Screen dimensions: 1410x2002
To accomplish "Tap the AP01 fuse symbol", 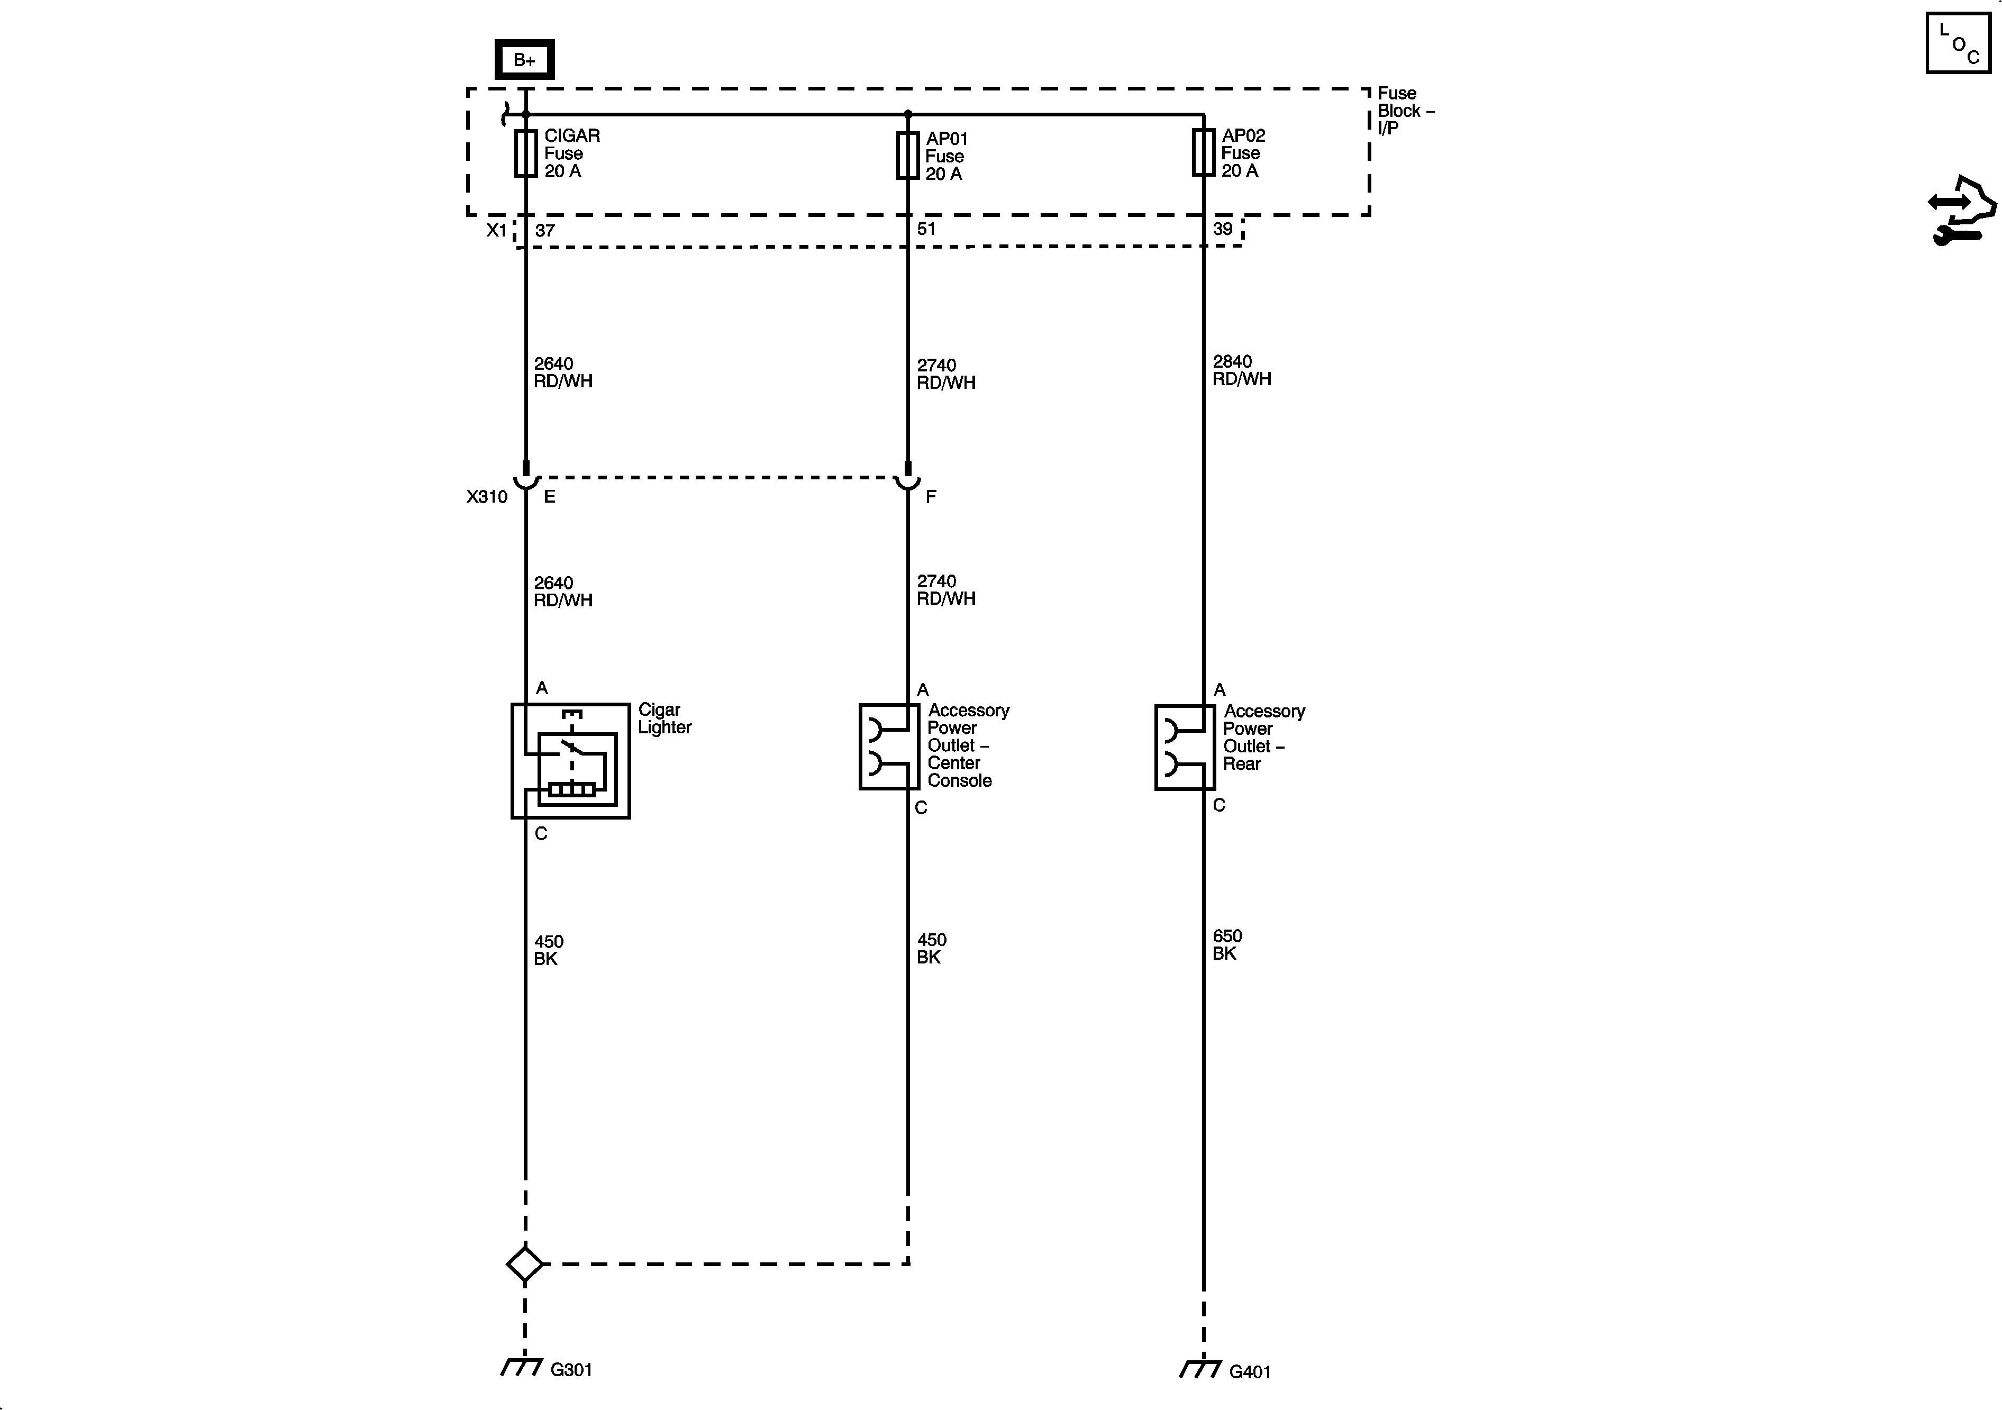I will pos(908,155).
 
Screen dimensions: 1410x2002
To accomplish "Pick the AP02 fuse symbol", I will pos(1203,152).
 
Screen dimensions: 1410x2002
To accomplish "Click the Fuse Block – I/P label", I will pos(1404,111).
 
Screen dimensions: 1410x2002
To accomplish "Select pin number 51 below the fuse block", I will pos(926,229).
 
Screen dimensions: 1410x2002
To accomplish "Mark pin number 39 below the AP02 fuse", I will pos(1223,229).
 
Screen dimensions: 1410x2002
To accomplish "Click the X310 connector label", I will pos(487,497).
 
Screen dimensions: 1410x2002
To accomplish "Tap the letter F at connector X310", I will pos(931,497).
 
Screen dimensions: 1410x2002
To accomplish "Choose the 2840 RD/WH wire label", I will pos(1242,370).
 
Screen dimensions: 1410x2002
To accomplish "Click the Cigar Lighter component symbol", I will pos(570,760).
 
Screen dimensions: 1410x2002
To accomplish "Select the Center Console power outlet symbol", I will pos(888,747).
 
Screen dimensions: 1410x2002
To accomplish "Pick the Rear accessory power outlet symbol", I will pos(1184,747).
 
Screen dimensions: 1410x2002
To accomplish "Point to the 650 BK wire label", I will pos(1227,944).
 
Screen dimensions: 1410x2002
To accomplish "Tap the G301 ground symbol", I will pos(522,1367).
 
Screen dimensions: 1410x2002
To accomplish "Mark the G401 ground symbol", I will pos(1200,1370).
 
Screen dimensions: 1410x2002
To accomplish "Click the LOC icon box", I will pos(1958,43).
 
